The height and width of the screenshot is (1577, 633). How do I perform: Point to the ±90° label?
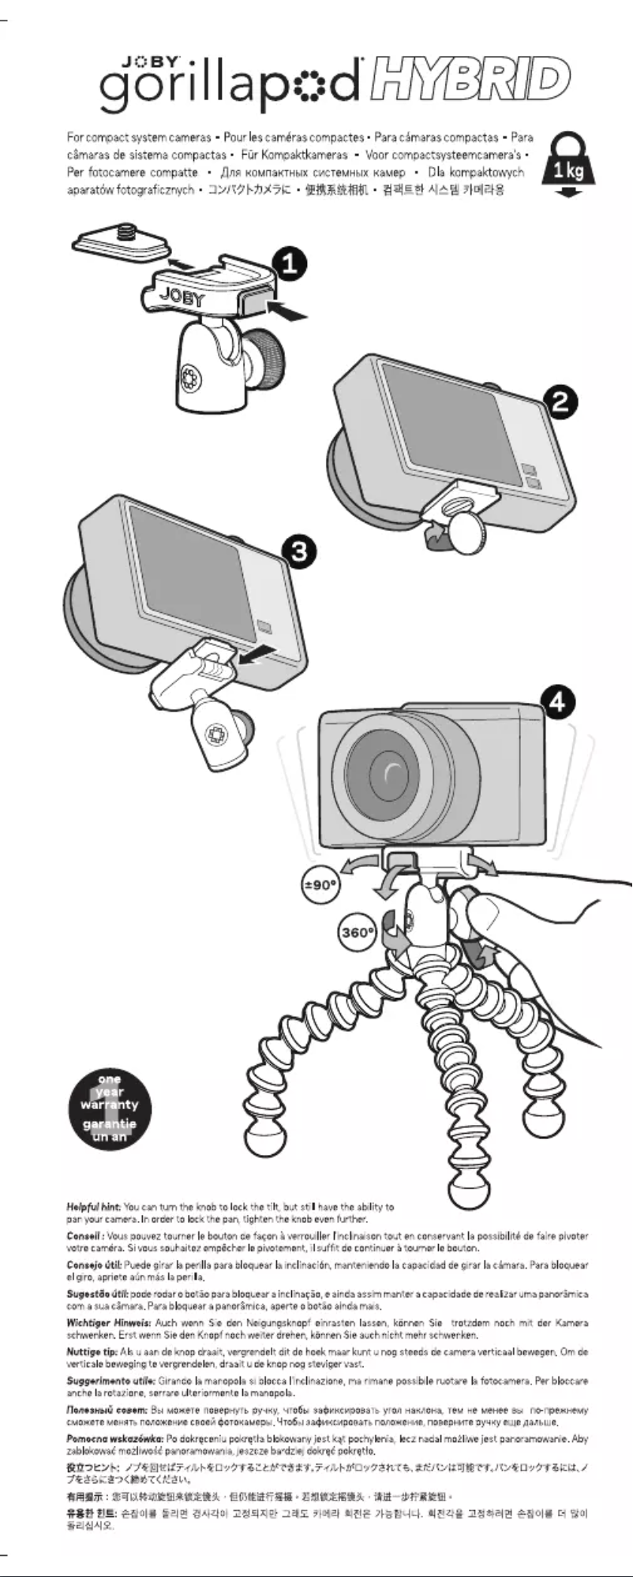click(x=321, y=885)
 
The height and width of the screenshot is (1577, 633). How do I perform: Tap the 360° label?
click(x=358, y=932)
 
